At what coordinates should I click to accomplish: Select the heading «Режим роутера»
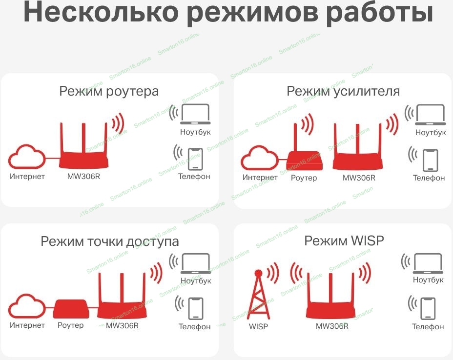(x=109, y=91)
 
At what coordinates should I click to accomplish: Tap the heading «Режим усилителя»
(x=343, y=91)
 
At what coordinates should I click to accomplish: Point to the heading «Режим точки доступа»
(x=110, y=241)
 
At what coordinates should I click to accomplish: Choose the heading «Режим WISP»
(x=344, y=240)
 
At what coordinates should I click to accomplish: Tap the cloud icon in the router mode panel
(x=27, y=157)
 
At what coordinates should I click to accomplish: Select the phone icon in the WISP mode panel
(x=428, y=308)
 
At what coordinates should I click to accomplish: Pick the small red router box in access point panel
(x=71, y=309)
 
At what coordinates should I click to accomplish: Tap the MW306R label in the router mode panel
(x=83, y=176)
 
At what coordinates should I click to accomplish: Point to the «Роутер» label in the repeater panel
(x=304, y=178)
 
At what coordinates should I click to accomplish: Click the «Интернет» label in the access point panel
(x=27, y=325)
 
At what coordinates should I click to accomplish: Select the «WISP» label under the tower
(x=258, y=326)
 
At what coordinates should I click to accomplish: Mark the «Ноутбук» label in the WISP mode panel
(x=428, y=280)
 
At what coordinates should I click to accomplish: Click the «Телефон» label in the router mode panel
(x=194, y=177)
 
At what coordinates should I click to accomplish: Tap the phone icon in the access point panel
(x=196, y=309)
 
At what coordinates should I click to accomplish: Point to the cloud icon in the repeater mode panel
(x=259, y=158)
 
